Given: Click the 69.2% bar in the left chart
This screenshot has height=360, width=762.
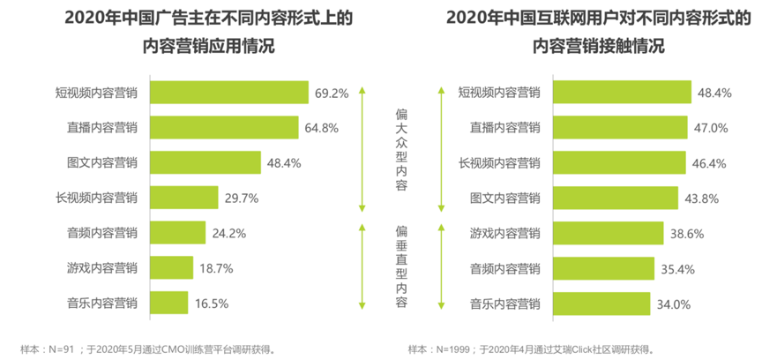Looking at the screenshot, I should pos(229,93).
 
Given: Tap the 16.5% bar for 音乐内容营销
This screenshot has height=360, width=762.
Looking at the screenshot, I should pos(169,304).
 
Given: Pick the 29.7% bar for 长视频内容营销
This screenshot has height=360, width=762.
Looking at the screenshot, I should pos(183,199).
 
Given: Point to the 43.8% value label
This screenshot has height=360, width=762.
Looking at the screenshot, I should pos(701,199).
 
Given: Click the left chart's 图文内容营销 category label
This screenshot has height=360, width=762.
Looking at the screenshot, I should pos(102,163).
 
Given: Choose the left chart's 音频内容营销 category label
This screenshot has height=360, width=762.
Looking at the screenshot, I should pos(102,234).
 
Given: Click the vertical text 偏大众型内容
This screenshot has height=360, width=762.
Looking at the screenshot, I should pos(400,150).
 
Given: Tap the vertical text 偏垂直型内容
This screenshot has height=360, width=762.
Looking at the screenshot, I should pos(400,265).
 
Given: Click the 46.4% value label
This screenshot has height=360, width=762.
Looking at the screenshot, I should pos(706,163).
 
